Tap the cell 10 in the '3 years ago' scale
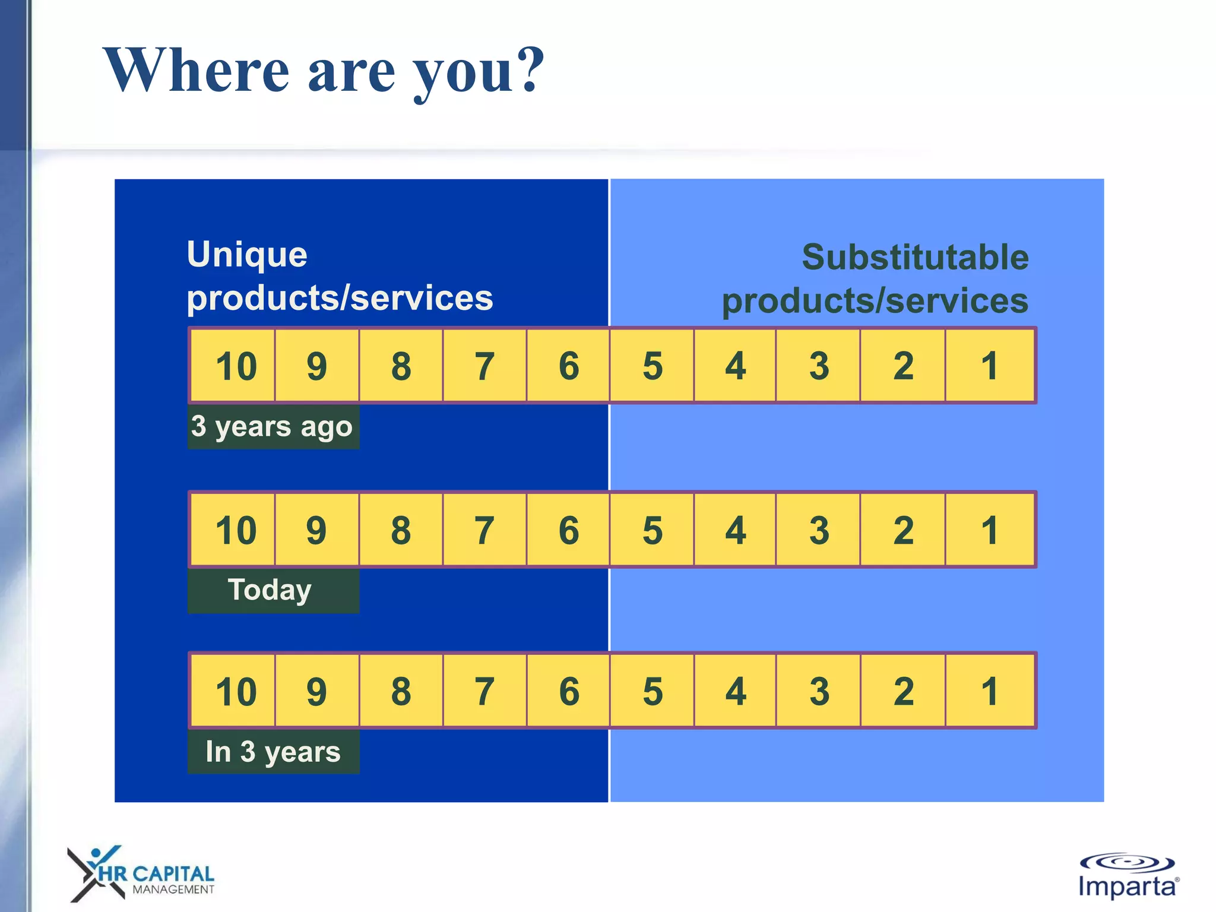233,366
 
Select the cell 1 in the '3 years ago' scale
989,366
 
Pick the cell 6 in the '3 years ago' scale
568,366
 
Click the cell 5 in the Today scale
652,530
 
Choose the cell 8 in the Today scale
401,530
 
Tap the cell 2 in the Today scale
902,530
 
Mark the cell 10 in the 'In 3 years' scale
233,691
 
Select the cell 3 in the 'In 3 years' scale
819,691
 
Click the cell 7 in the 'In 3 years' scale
484,691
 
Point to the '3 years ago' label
273,427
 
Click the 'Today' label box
273,591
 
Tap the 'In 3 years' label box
273,752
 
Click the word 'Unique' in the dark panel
247,255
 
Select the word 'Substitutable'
915,257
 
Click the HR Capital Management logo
141,874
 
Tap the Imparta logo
1128,876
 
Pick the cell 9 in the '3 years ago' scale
317,366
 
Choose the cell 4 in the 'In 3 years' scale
735,691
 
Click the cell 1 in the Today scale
989,530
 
